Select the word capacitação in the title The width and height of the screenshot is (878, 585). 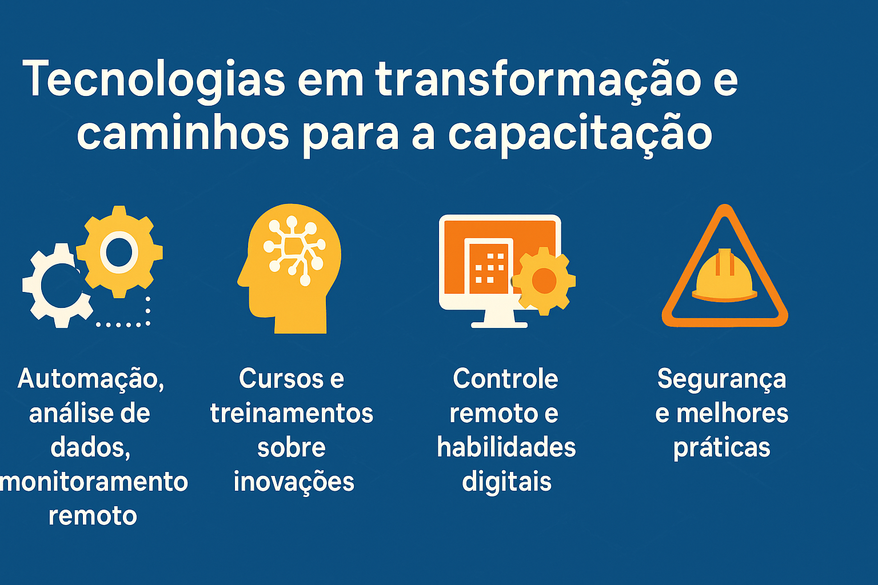580,135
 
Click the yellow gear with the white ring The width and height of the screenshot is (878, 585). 119,252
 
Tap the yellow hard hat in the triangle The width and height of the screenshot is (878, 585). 724,277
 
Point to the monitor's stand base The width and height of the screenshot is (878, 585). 499,324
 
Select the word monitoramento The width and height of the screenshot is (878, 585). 94,482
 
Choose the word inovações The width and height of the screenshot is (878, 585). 294,482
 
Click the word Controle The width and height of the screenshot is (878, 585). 505,379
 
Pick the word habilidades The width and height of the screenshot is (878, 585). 506,447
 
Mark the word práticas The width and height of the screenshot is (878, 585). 722,447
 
